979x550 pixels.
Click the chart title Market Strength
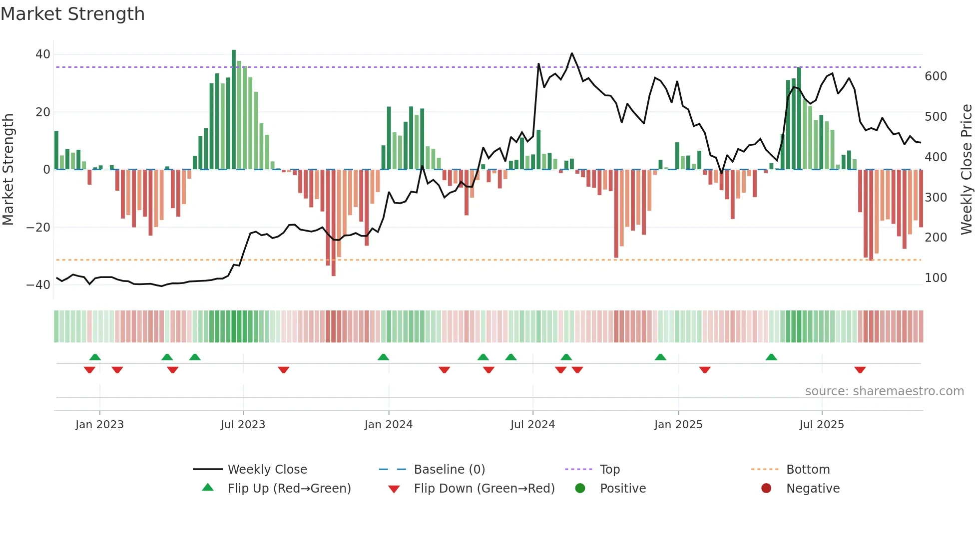tap(72, 14)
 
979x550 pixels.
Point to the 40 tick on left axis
tap(43, 54)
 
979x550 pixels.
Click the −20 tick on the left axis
tap(39, 227)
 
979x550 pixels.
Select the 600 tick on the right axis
tap(936, 76)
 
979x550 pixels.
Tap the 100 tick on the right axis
tap(936, 278)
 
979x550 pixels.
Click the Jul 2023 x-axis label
tap(243, 425)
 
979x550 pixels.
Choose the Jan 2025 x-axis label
tap(678, 425)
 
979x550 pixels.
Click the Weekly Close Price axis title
tap(967, 170)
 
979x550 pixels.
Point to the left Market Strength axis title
tap(8, 170)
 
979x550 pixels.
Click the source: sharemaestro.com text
tap(884, 391)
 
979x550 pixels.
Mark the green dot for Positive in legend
tap(580, 489)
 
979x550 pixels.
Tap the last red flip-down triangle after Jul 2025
tap(860, 370)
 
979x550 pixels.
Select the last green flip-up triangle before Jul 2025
tap(771, 357)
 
